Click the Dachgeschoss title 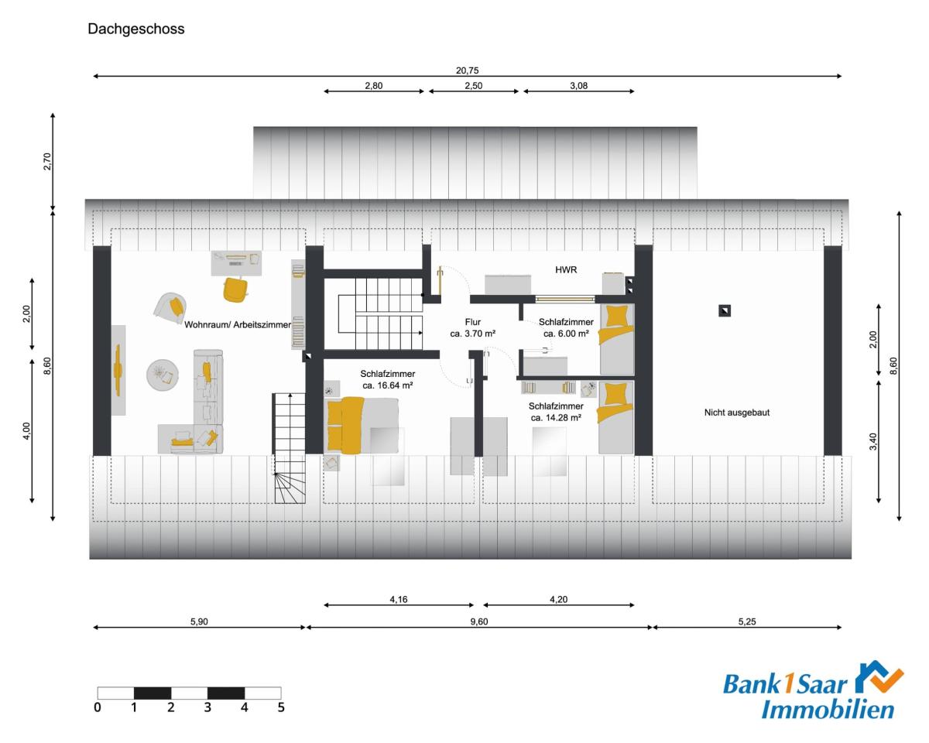coord(136,29)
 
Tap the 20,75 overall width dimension coord(467,70)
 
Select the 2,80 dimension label coord(373,85)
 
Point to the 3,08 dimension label coord(578,85)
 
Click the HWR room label coord(566,270)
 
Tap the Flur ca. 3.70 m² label coord(473,327)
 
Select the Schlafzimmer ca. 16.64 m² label coord(388,379)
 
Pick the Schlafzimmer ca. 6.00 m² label coord(566,327)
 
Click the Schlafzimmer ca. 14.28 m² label coord(556,412)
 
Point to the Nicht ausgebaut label coord(737,413)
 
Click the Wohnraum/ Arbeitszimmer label coord(238,324)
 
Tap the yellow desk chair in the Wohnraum coord(235,289)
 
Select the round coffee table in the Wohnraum coord(163,375)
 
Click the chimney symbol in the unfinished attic coord(725,310)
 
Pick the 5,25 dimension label coord(747,621)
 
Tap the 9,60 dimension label coord(478,621)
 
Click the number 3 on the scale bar coord(207,707)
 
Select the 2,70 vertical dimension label coord(47,162)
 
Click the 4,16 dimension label coord(399,599)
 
